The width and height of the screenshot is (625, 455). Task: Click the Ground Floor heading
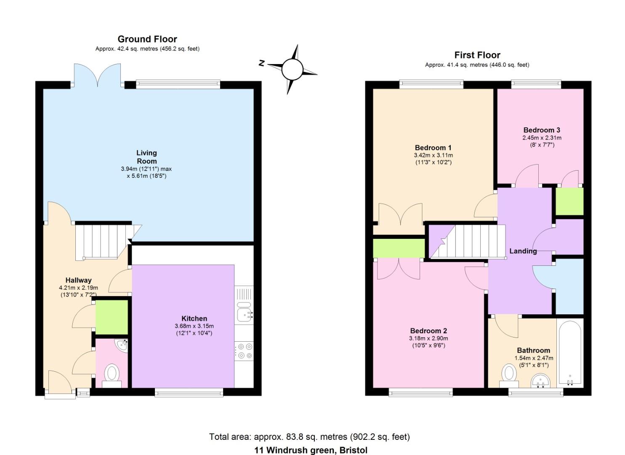click(x=147, y=39)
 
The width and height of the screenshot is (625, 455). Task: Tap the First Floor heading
click(x=477, y=55)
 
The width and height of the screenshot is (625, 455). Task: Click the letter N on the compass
click(x=261, y=63)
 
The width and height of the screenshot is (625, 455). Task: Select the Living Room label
click(x=146, y=157)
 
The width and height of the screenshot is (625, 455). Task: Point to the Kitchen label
click(x=194, y=318)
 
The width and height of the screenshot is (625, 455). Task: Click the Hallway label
click(x=78, y=280)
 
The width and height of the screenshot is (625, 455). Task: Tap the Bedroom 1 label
click(x=433, y=148)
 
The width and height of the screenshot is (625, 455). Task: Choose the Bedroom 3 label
click(x=542, y=130)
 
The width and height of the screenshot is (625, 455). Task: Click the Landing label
click(x=523, y=251)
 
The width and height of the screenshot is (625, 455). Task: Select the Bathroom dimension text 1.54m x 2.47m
click(x=534, y=358)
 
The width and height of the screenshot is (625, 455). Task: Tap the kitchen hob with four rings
click(x=244, y=351)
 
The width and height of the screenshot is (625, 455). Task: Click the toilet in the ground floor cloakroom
click(x=112, y=376)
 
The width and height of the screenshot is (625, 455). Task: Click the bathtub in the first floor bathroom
click(x=570, y=353)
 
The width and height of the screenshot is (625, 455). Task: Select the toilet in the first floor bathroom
click(x=509, y=375)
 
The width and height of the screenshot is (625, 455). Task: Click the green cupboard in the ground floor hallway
click(x=112, y=317)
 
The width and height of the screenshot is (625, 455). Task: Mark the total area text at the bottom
click(x=309, y=436)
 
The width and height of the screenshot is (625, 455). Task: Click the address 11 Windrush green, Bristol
click(x=311, y=450)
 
